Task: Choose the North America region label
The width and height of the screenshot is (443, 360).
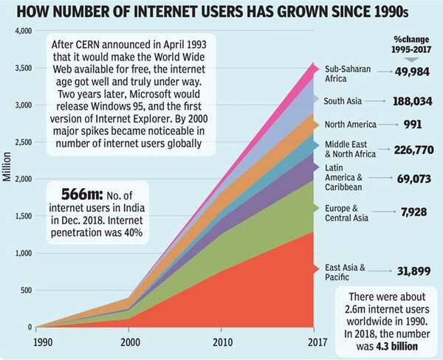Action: (351, 125)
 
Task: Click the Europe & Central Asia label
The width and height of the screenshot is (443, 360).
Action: (349, 213)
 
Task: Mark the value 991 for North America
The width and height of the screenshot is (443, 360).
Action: (413, 125)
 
